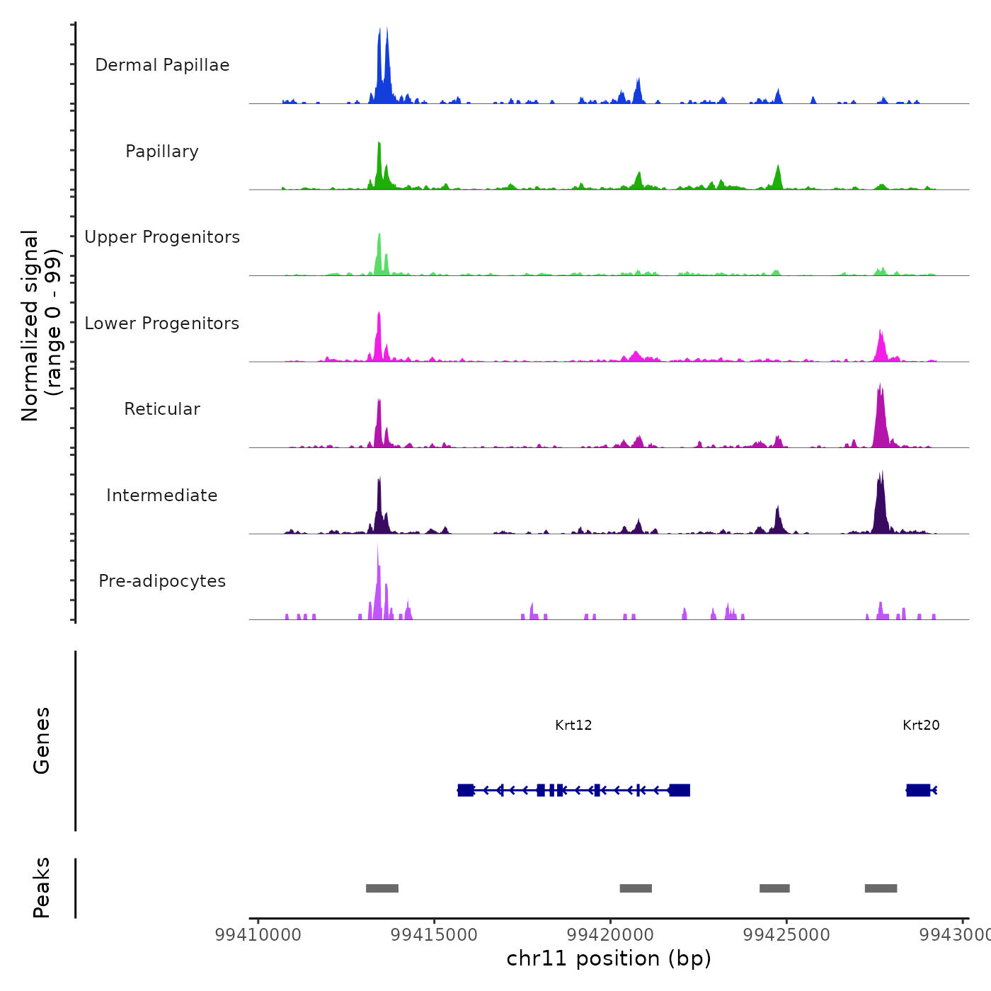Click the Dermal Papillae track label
tap(162, 65)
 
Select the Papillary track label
tap(162, 151)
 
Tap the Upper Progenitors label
tap(162, 237)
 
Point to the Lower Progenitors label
tap(162, 323)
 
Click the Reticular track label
tap(162, 409)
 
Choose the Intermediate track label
tap(162, 495)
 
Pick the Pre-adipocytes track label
tap(162, 581)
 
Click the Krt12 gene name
tap(573, 725)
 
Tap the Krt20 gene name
tap(921, 725)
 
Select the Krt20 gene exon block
tap(918, 790)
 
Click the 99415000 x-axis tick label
tap(434, 934)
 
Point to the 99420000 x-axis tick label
tap(610, 934)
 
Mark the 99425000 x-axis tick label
tap(786, 934)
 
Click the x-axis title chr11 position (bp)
tap(609, 958)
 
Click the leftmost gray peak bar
tap(382, 888)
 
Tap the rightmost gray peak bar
tap(881, 888)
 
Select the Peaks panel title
tap(41, 888)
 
